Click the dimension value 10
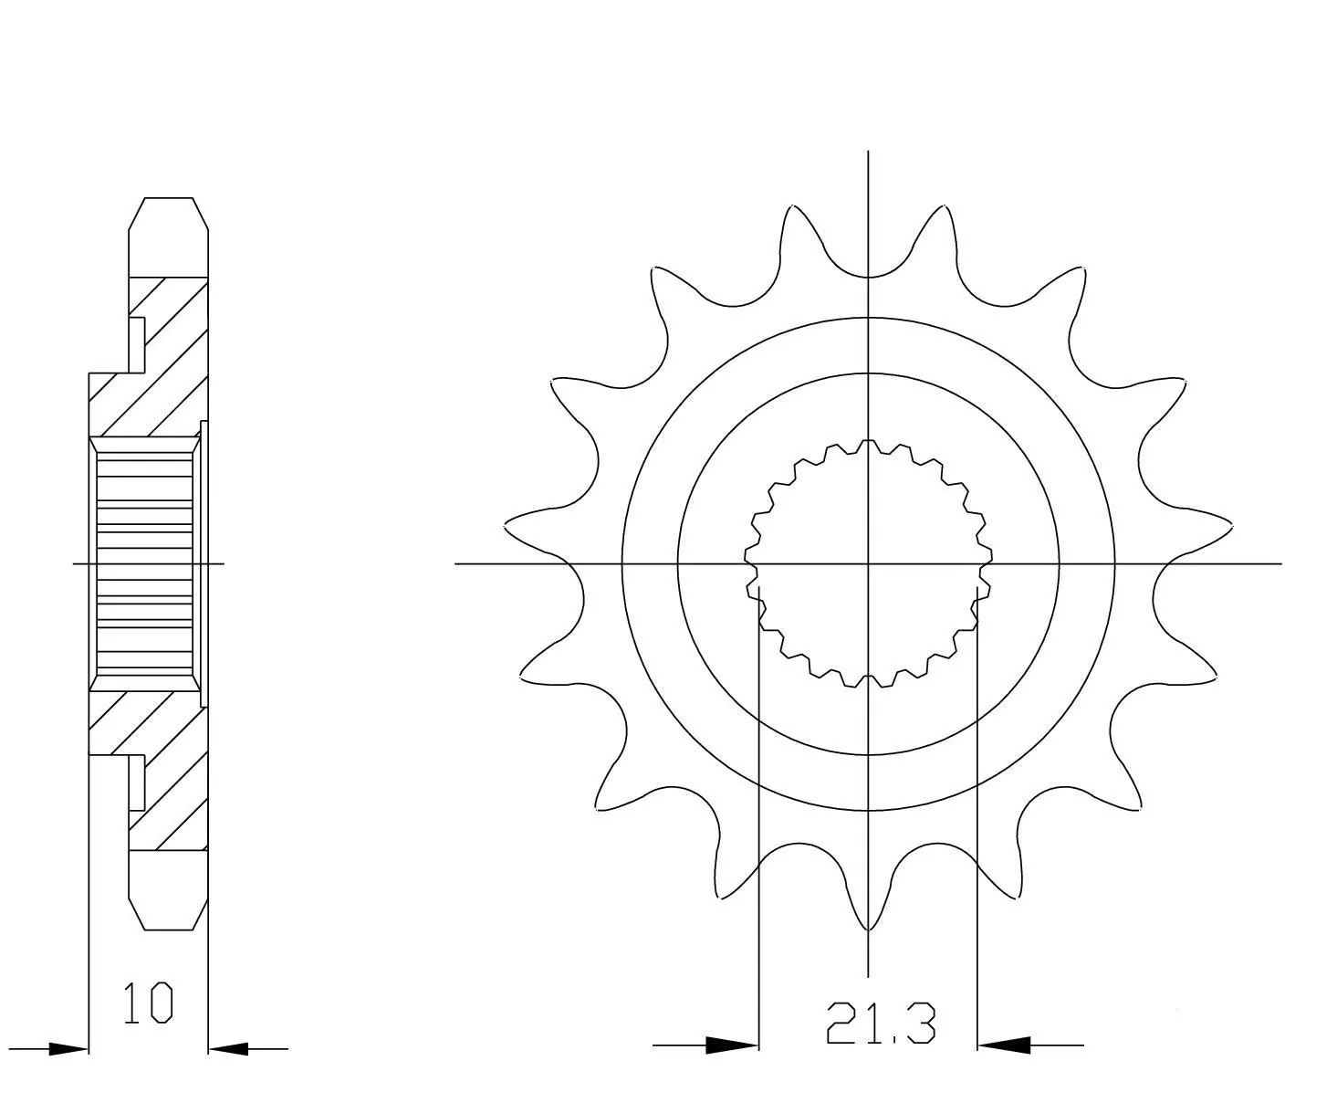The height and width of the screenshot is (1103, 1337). point(148,1003)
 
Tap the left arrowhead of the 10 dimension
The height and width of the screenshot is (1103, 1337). point(68,1049)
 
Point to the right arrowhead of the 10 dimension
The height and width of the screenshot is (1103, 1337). point(228,1049)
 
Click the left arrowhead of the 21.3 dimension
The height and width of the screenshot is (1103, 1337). point(731,1045)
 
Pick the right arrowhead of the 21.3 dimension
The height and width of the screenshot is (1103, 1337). point(1004,1045)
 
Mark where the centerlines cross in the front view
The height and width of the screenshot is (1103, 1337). point(868,563)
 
